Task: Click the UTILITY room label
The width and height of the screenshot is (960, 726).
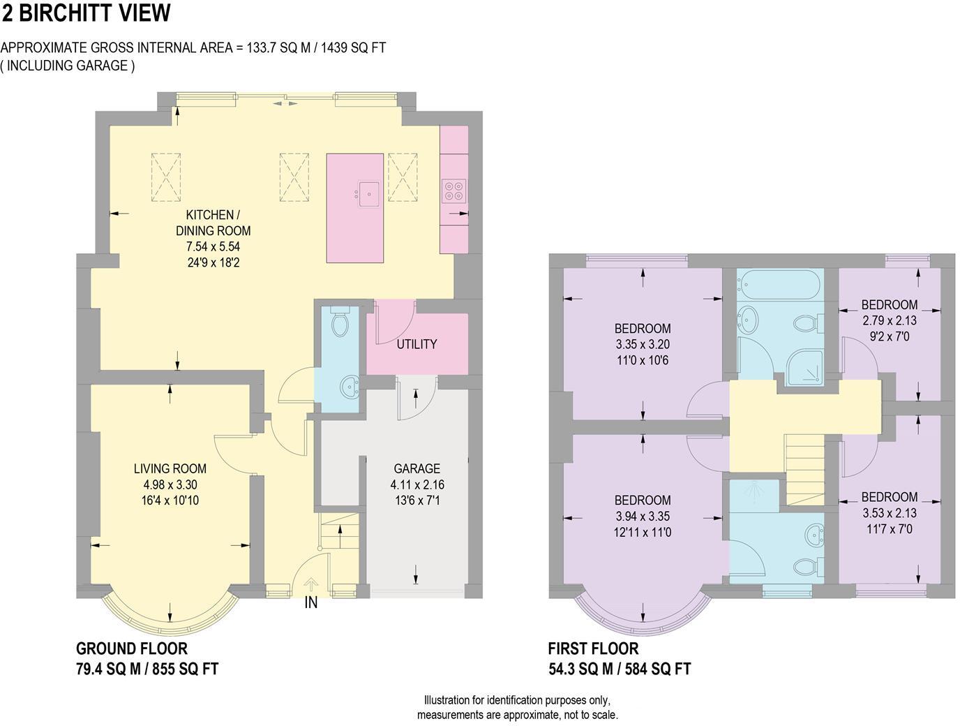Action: [x=417, y=344]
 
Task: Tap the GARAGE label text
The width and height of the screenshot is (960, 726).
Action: [x=417, y=468]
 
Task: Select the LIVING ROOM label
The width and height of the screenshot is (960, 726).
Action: [x=170, y=468]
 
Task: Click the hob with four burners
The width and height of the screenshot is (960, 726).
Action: [x=454, y=191]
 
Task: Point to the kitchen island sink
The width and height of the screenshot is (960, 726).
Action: [x=368, y=193]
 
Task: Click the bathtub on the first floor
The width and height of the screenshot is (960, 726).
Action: [x=780, y=285]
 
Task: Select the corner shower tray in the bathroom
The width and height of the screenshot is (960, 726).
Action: [x=805, y=368]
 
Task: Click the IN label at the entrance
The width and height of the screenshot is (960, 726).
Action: [x=311, y=602]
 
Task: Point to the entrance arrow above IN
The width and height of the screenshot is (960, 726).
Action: [x=311, y=585]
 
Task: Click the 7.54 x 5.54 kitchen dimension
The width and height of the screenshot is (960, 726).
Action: [x=213, y=246]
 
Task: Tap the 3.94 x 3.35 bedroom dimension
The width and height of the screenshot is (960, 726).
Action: [x=643, y=517]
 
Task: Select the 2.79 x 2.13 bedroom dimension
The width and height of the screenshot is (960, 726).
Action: [x=889, y=320]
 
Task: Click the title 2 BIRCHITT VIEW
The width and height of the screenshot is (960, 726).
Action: [x=86, y=13]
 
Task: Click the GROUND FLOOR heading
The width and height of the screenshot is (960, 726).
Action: [x=132, y=649]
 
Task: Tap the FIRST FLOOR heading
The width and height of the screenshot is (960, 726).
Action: [x=593, y=649]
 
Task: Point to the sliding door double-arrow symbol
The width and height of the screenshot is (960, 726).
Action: [x=285, y=104]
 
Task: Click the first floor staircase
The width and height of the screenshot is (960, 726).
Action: [x=805, y=470]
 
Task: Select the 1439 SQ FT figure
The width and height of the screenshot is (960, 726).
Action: [x=354, y=47]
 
